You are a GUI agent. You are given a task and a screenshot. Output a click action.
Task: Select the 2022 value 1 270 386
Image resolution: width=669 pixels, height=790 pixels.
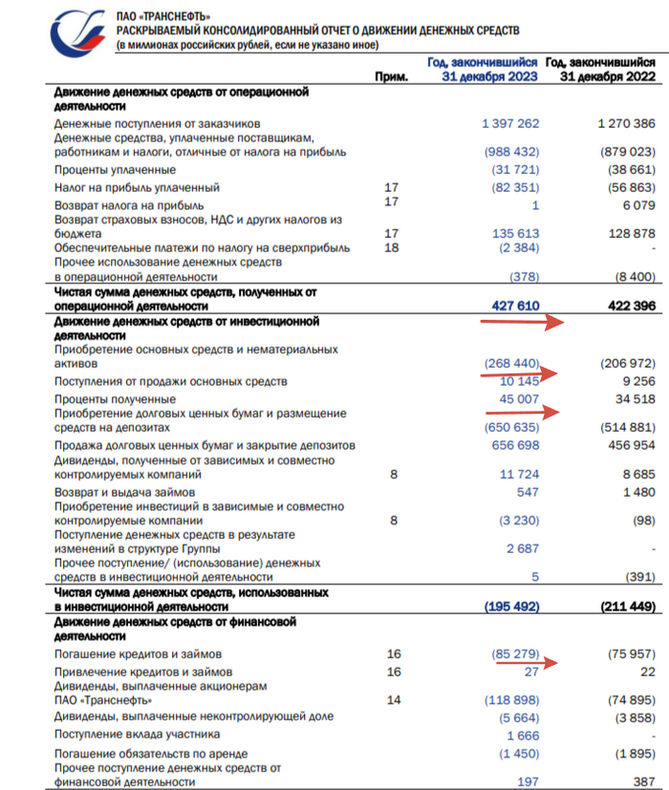click(618, 123)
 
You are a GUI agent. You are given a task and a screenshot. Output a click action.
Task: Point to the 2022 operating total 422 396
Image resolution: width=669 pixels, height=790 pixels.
click(624, 306)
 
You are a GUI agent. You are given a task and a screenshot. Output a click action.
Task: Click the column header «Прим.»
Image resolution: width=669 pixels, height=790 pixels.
click(392, 76)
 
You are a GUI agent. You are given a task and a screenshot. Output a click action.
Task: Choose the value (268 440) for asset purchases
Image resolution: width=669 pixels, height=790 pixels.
click(506, 364)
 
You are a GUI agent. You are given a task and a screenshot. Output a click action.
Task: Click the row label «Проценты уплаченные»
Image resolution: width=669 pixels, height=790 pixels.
click(116, 169)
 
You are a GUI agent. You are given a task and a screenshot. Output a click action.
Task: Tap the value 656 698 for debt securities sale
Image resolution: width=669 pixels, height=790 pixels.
click(510, 446)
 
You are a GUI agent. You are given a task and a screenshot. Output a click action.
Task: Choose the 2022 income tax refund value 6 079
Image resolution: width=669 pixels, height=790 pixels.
click(636, 204)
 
